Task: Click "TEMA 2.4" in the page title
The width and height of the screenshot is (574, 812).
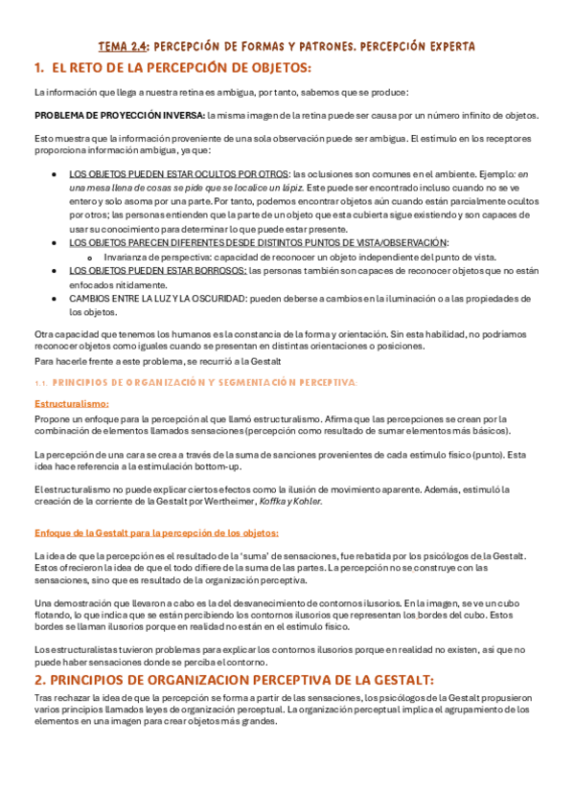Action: tap(123, 46)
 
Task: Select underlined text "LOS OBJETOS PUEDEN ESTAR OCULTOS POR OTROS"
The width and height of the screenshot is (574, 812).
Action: tap(178, 174)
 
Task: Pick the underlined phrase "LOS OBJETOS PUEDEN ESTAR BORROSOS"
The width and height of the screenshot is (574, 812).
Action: tap(157, 271)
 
